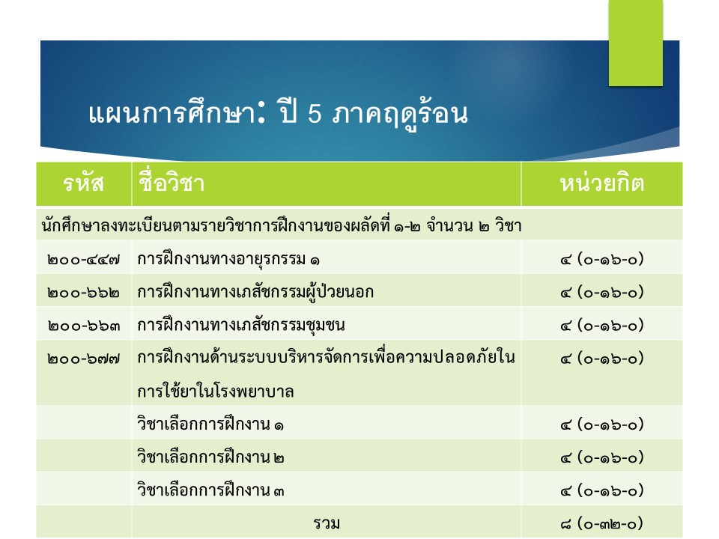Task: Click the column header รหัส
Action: [x=83, y=184]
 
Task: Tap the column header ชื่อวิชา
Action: [x=171, y=183]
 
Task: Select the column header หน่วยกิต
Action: [x=602, y=183]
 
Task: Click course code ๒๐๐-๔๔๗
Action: [x=83, y=261]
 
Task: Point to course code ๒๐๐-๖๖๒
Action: [x=83, y=293]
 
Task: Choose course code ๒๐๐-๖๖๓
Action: [x=83, y=326]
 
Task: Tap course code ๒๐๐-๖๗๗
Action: [x=83, y=359]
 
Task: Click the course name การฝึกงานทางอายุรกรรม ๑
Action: [x=228, y=260]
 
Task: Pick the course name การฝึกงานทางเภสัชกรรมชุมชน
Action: [x=241, y=326]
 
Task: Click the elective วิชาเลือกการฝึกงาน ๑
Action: [x=210, y=424]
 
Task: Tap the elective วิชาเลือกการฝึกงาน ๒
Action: [x=210, y=457]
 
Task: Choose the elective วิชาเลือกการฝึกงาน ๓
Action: [x=210, y=490]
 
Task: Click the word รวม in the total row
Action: [x=327, y=523]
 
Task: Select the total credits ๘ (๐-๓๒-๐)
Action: [x=602, y=523]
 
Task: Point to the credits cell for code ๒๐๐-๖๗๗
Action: [x=602, y=359]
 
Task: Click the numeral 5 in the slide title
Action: [x=315, y=114]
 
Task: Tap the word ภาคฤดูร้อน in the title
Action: [x=400, y=115]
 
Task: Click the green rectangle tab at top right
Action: [x=636, y=43]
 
